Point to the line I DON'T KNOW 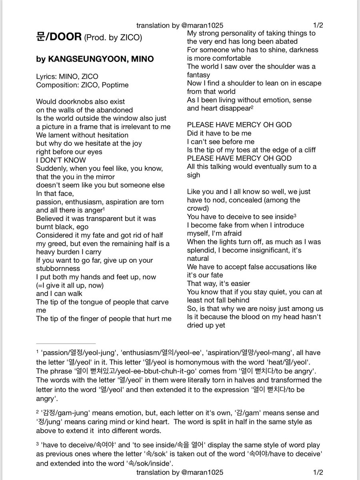pos(61,160)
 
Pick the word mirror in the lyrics pos(104,177)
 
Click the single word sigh pos(194,175)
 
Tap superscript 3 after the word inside pos(295,215)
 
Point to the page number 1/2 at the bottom pos(318,472)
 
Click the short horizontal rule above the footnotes pos(66,344)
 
